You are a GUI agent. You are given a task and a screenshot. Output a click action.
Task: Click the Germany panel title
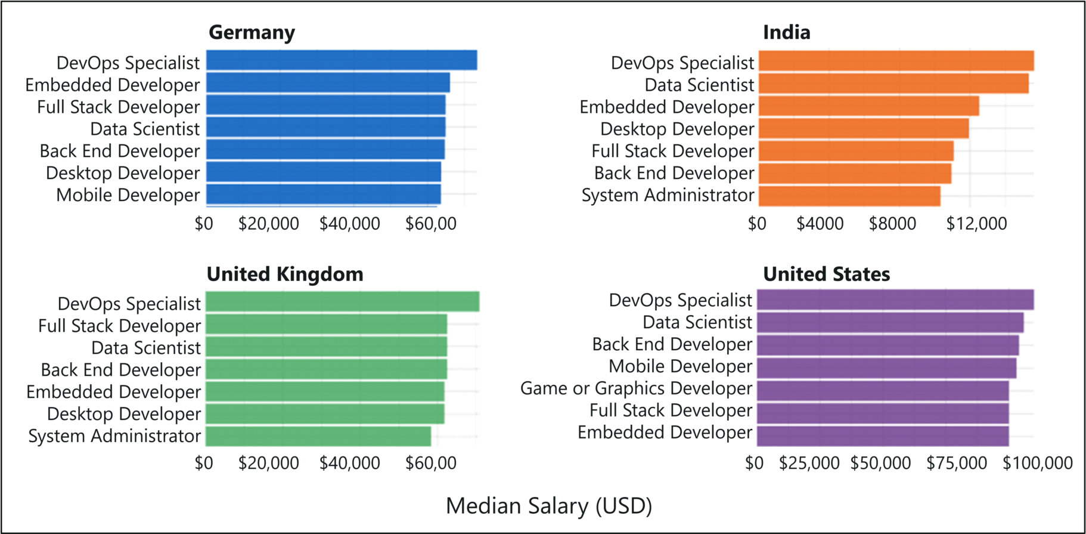pyautogui.click(x=252, y=32)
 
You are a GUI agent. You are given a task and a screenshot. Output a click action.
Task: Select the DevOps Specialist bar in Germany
pyautogui.click(x=341, y=60)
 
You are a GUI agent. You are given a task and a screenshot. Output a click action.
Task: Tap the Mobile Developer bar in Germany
pyautogui.click(x=323, y=195)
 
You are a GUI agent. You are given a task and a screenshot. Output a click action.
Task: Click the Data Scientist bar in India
pyautogui.click(x=893, y=84)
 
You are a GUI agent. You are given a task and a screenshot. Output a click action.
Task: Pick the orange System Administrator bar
pyautogui.click(x=849, y=196)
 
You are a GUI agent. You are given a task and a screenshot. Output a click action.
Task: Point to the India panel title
pyautogui.click(x=786, y=32)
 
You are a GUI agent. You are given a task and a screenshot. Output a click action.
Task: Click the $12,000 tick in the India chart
pyautogui.click(x=976, y=224)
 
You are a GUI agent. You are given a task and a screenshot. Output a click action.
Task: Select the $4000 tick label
pyautogui.click(x=820, y=224)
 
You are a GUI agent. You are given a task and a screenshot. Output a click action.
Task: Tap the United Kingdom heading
pyautogui.click(x=285, y=274)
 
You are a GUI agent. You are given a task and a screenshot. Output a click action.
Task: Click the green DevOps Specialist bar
pyautogui.click(x=342, y=301)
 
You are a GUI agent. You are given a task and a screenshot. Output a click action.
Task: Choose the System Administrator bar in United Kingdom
pyautogui.click(x=318, y=436)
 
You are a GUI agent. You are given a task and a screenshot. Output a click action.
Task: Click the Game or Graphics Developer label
pyautogui.click(x=636, y=388)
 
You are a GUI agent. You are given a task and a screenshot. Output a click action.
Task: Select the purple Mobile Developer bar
pyautogui.click(x=886, y=368)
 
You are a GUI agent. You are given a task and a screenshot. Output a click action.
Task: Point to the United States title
pyautogui.click(x=826, y=274)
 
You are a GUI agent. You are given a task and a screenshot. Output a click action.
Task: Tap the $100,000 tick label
pyautogui.click(x=1037, y=463)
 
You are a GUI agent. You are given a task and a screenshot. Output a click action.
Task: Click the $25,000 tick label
pyautogui.click(x=809, y=463)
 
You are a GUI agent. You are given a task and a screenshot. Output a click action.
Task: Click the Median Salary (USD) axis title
pyautogui.click(x=548, y=506)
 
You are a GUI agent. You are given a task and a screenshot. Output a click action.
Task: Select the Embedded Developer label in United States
pyautogui.click(x=665, y=433)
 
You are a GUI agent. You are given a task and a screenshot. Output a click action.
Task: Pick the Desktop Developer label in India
pyautogui.click(x=677, y=129)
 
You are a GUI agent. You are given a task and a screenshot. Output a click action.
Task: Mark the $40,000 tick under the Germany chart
pyautogui.click(x=349, y=224)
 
